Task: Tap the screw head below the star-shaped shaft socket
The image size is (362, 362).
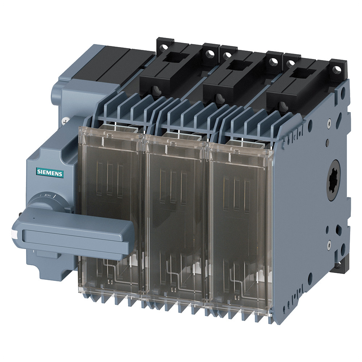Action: [x=329, y=244]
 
